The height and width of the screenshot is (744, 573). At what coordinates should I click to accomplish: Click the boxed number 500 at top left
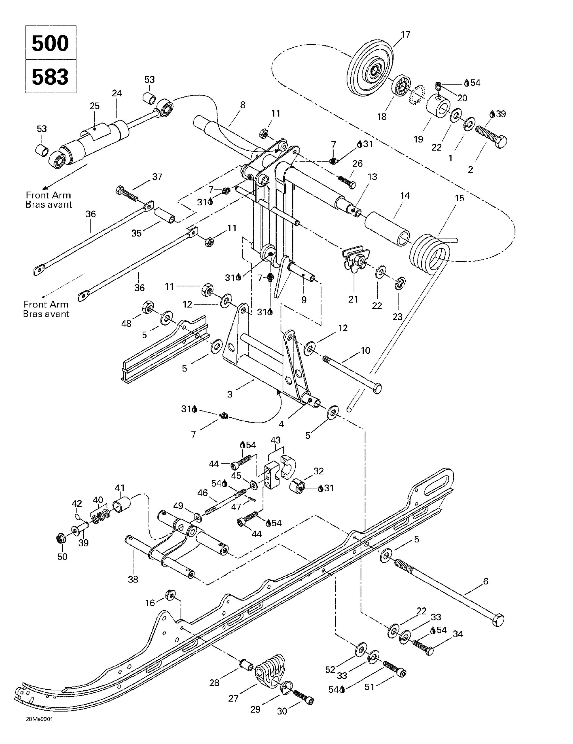pyautogui.click(x=50, y=43)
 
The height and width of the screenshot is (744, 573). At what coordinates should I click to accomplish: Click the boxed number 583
pyautogui.click(x=50, y=77)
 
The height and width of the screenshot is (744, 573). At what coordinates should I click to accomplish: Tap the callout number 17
pyautogui.click(x=405, y=35)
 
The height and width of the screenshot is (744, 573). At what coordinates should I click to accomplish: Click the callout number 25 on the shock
pyautogui.click(x=94, y=106)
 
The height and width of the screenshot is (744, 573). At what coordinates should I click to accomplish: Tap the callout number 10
pyautogui.click(x=365, y=350)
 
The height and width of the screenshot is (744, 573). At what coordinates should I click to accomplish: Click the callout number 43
pyautogui.click(x=275, y=440)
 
